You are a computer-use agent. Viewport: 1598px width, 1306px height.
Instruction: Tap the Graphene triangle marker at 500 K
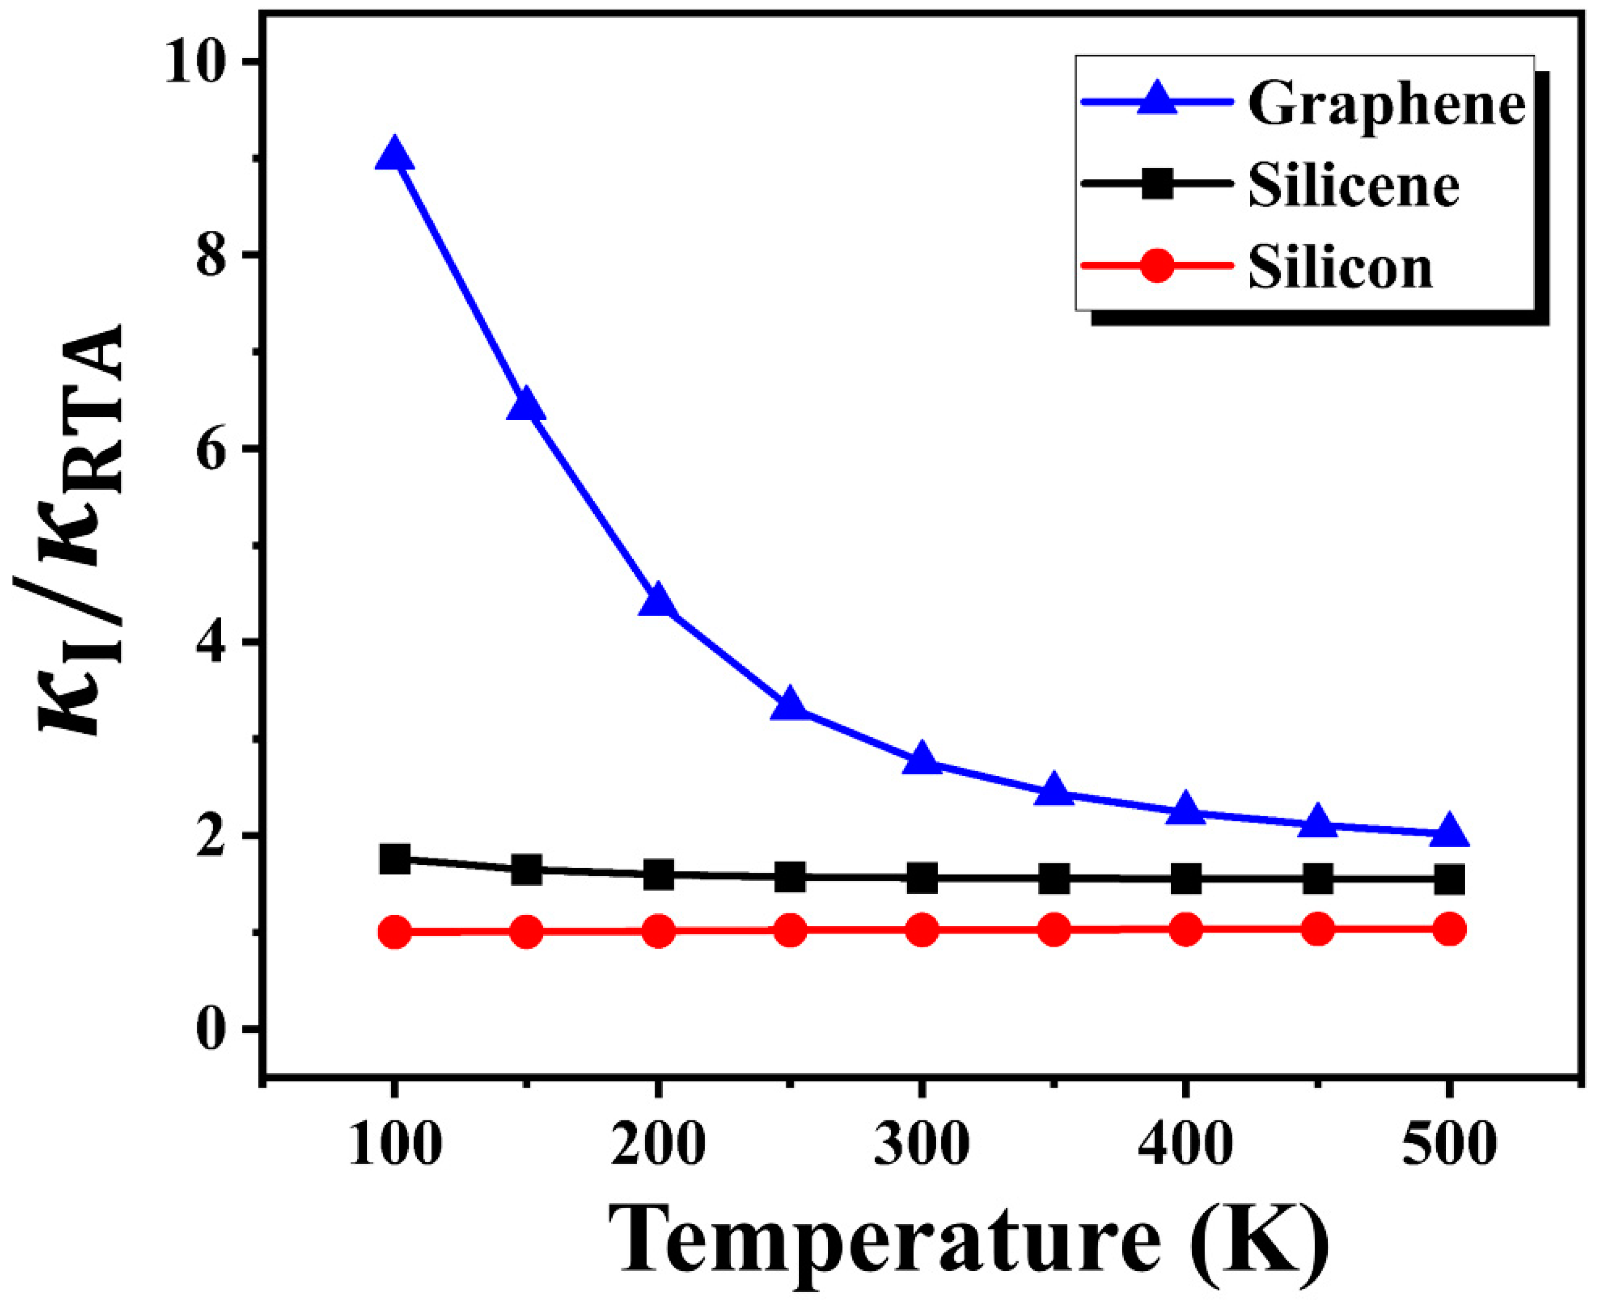(x=1449, y=833)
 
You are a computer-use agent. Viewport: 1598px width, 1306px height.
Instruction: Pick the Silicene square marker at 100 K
(x=394, y=859)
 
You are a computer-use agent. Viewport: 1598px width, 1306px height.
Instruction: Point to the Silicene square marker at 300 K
(x=922, y=877)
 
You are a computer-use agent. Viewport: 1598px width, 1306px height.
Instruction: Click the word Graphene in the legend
(x=1386, y=105)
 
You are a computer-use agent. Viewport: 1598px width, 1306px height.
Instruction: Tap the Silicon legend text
(x=1340, y=268)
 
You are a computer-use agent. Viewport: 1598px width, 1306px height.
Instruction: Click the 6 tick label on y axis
(x=218, y=448)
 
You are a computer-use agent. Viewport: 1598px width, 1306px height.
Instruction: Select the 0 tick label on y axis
(x=218, y=1029)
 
